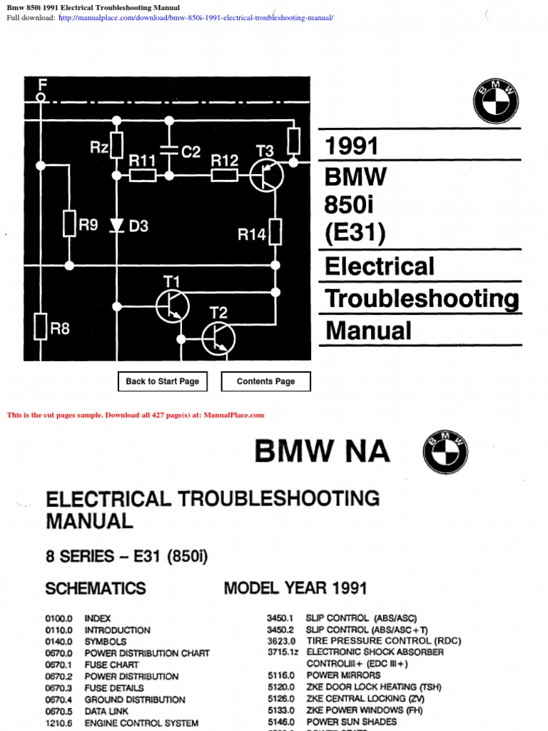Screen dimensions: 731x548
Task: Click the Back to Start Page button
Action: coord(162,382)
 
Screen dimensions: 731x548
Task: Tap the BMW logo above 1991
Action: coord(495,101)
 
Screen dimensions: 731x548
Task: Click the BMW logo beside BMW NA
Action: coord(445,452)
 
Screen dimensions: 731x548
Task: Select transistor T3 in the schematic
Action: coord(267,175)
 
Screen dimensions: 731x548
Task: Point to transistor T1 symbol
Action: coord(173,306)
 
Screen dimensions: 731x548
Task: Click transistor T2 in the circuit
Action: coord(218,338)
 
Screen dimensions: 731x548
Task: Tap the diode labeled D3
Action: coord(118,226)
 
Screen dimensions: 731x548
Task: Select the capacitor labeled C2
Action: coord(169,151)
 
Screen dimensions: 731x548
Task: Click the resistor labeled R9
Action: coord(69,223)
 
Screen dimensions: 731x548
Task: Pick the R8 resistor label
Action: coord(60,329)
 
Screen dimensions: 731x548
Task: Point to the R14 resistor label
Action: coord(251,233)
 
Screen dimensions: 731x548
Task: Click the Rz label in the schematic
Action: coord(99,147)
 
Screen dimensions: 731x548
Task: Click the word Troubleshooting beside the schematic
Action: coord(422,299)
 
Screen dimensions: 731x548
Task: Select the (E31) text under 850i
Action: coord(355,233)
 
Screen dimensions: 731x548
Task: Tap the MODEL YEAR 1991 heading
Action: coord(295,588)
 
